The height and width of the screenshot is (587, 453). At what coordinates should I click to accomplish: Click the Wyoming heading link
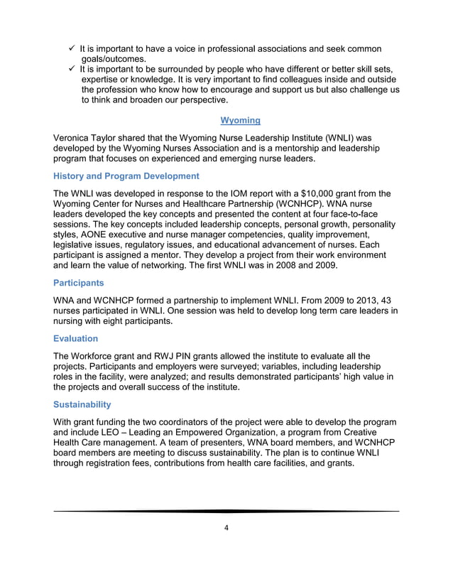(x=240, y=120)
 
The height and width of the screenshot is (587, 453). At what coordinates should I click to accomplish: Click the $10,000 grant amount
(x=322, y=193)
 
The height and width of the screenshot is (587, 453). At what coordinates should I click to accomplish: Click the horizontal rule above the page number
(x=226, y=511)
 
